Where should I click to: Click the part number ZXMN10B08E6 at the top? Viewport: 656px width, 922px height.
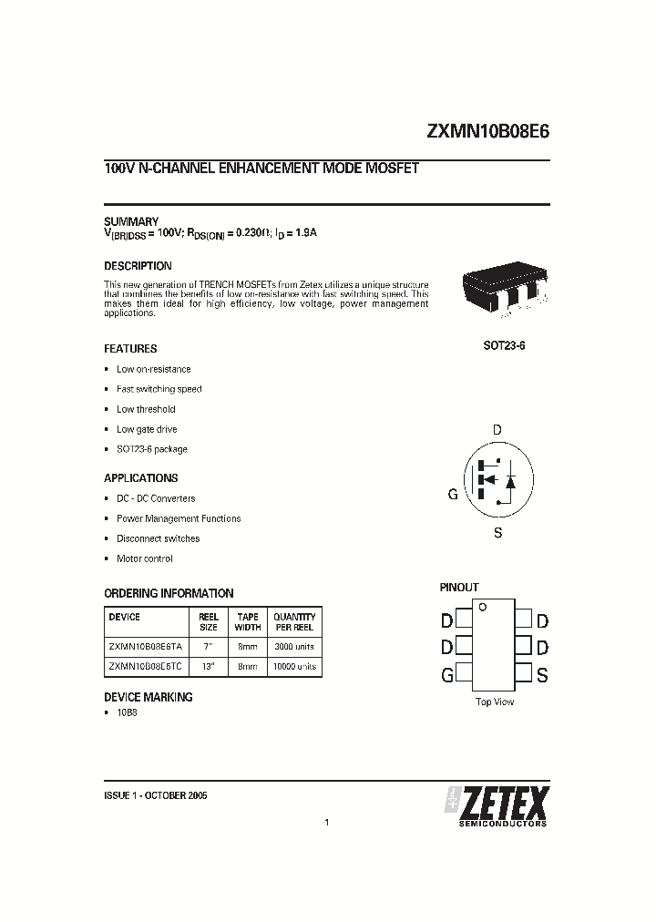487,130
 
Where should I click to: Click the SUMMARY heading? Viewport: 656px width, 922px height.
131,221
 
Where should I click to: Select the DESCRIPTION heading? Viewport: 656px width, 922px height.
138,266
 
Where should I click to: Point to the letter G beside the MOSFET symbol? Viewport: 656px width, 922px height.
452,495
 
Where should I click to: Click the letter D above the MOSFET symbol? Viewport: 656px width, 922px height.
497,430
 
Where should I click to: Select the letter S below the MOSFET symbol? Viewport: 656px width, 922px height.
497,533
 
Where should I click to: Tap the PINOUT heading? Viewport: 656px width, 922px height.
459,588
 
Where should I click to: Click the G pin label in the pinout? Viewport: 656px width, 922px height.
447,675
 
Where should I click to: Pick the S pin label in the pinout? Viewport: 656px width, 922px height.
542,675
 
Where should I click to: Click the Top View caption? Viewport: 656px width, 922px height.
495,702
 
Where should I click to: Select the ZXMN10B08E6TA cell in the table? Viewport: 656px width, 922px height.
146,645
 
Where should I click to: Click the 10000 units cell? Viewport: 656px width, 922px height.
294,666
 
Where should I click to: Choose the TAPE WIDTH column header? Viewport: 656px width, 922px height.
248,621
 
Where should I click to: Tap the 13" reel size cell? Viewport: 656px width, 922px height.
208,666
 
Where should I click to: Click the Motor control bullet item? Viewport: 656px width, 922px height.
144,558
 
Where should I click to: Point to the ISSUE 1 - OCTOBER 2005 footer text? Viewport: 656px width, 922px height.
156,795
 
